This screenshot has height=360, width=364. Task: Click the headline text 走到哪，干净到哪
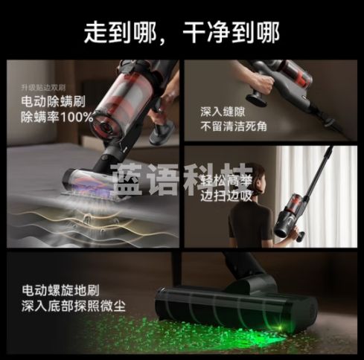[x=182, y=32]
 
